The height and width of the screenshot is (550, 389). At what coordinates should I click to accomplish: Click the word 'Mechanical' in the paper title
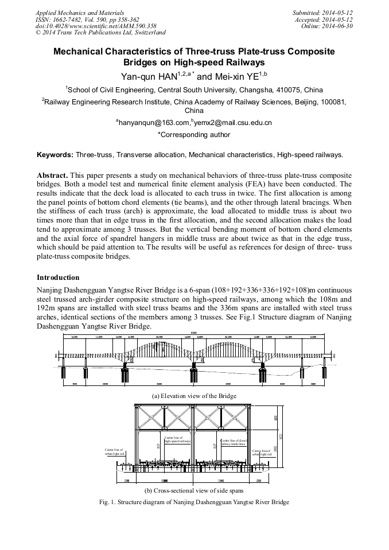82,52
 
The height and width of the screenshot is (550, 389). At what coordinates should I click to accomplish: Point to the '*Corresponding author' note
194,135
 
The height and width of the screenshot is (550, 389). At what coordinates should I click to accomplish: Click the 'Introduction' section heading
58,278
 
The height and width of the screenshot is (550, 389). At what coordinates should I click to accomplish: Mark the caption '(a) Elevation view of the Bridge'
194,396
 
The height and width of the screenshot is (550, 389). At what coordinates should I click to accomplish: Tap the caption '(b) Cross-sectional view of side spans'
194,491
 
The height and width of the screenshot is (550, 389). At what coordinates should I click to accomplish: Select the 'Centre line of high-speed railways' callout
177,440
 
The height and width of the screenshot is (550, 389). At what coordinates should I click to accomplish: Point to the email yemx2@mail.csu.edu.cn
232,123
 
